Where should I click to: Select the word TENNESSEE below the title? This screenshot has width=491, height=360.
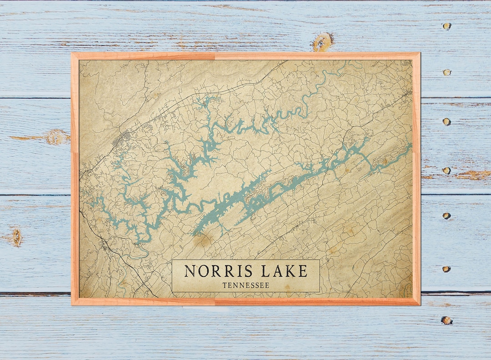pos(245,285)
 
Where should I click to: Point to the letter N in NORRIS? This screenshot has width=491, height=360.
pos(190,271)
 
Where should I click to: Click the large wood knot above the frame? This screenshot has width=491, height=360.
pos(322,41)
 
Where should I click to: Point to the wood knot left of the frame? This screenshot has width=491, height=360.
pos(57,137)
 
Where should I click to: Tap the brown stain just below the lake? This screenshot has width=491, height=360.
pos(203,240)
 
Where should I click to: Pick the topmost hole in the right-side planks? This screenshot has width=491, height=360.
pos(447,25)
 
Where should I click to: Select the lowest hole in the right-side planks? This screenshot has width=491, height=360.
pos(446,320)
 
